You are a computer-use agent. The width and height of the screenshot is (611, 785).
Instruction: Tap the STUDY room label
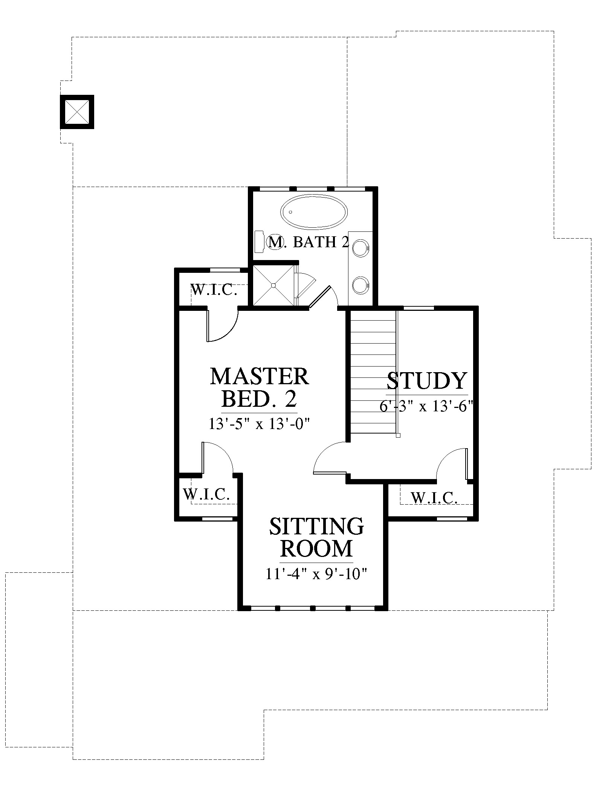tap(427, 380)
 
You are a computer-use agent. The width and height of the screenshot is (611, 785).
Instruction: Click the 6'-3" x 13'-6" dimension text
tap(426, 406)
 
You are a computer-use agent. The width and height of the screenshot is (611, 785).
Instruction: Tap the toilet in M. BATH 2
tap(268, 242)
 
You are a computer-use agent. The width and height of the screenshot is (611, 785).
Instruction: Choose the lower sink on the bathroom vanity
tap(361, 286)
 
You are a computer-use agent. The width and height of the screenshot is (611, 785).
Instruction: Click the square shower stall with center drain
tap(273, 286)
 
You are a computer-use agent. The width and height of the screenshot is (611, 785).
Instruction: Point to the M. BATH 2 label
tap(308, 242)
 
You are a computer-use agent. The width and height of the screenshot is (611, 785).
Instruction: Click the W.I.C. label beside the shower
tap(214, 290)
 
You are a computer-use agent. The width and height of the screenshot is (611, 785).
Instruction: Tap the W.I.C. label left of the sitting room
tap(206, 494)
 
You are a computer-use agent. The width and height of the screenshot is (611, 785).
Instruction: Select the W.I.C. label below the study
tap(434, 498)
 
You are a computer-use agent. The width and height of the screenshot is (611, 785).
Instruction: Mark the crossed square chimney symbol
tap(77, 112)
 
